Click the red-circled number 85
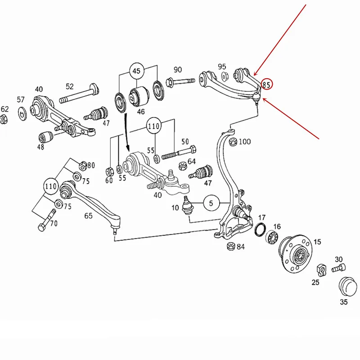267,84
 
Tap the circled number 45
136,71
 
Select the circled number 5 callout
211,203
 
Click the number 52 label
70,86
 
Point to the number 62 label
4,109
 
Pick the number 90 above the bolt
178,70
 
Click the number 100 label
244,142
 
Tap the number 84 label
241,247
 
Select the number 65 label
88,216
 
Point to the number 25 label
315,282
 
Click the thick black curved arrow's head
128,149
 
